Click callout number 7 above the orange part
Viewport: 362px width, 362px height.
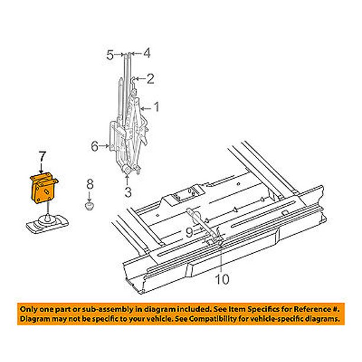(x=41, y=157)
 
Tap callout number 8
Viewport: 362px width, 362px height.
(x=90, y=185)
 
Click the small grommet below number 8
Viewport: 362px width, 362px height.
(x=89, y=205)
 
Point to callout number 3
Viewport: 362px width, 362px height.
(x=128, y=192)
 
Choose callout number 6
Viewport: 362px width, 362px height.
(x=95, y=146)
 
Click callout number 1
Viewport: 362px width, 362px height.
(x=157, y=107)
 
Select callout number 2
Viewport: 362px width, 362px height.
(x=150, y=79)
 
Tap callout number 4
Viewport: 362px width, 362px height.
(x=147, y=53)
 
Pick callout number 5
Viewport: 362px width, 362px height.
(x=110, y=55)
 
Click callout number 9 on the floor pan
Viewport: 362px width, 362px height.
(x=189, y=232)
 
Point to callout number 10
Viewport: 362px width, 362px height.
(x=222, y=279)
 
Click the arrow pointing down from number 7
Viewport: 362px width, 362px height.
(x=41, y=169)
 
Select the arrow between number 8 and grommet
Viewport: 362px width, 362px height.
(x=89, y=196)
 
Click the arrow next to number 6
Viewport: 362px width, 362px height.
(x=104, y=146)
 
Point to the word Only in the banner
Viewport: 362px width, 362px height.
(x=28, y=309)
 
